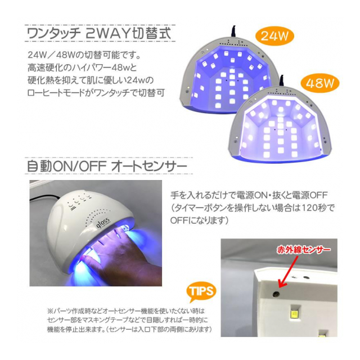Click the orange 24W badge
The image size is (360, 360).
click(x=274, y=36)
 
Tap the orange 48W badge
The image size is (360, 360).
click(x=320, y=83)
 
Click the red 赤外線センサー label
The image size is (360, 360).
click(x=304, y=250)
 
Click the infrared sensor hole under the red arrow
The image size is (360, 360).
click(x=276, y=294)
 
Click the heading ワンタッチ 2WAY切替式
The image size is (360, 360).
click(x=100, y=34)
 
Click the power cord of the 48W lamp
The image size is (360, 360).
click(x=282, y=81)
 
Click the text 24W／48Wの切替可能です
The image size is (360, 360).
click(x=84, y=55)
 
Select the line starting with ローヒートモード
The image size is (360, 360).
click(x=96, y=93)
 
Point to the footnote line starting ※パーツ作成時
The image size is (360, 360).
click(x=125, y=311)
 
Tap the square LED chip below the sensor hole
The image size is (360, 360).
click(x=294, y=312)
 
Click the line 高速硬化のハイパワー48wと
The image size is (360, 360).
click(x=82, y=67)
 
